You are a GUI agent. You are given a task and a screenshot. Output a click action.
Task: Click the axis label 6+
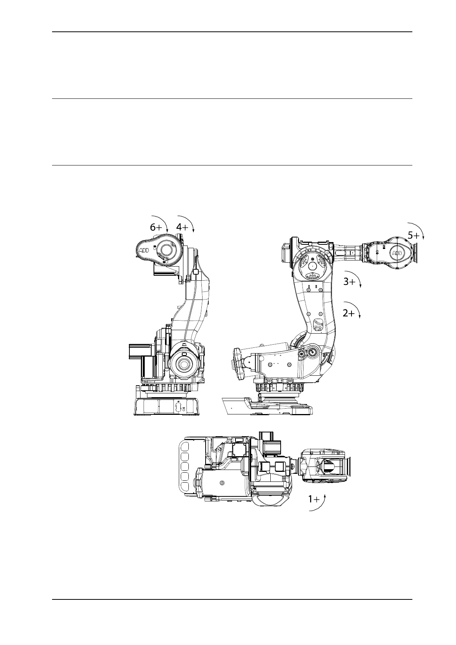coord(156,227)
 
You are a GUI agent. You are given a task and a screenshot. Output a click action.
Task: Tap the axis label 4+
coord(182,227)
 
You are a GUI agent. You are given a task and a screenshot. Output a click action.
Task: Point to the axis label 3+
coord(349,282)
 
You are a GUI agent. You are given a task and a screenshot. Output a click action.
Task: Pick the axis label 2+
coord(349,313)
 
